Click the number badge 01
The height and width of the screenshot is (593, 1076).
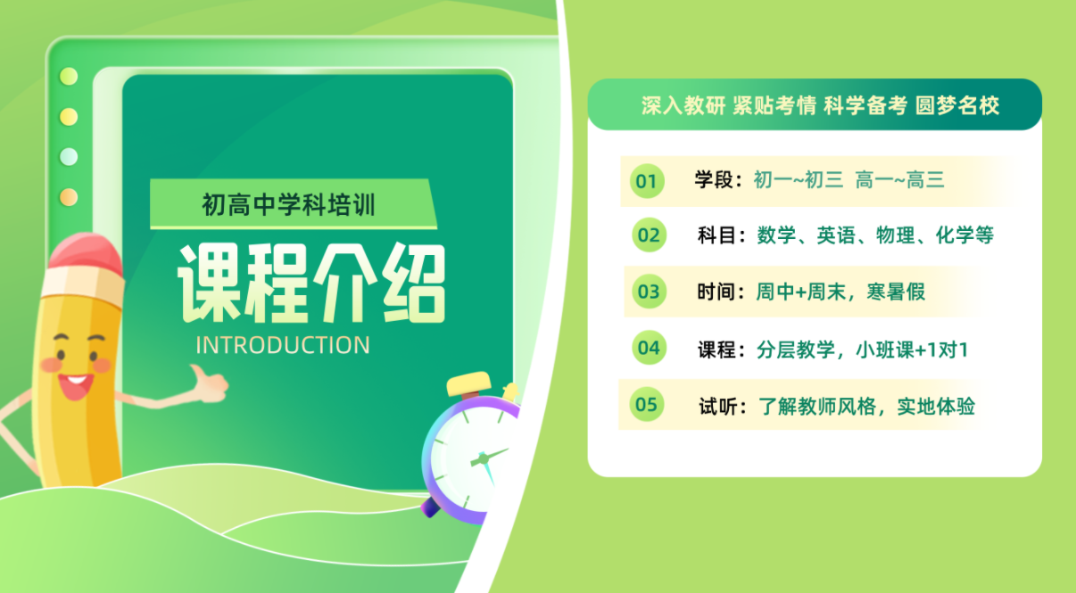pyautogui.click(x=645, y=181)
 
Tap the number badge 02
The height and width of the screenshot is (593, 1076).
pyautogui.click(x=649, y=235)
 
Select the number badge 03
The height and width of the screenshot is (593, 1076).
pyautogui.click(x=649, y=291)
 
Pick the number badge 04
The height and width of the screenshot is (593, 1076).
pyautogui.click(x=649, y=348)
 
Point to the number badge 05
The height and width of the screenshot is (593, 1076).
pyautogui.click(x=645, y=405)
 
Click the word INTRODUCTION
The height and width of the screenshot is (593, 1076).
pyautogui.click(x=282, y=345)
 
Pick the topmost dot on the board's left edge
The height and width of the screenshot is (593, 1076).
pyautogui.click(x=69, y=77)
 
